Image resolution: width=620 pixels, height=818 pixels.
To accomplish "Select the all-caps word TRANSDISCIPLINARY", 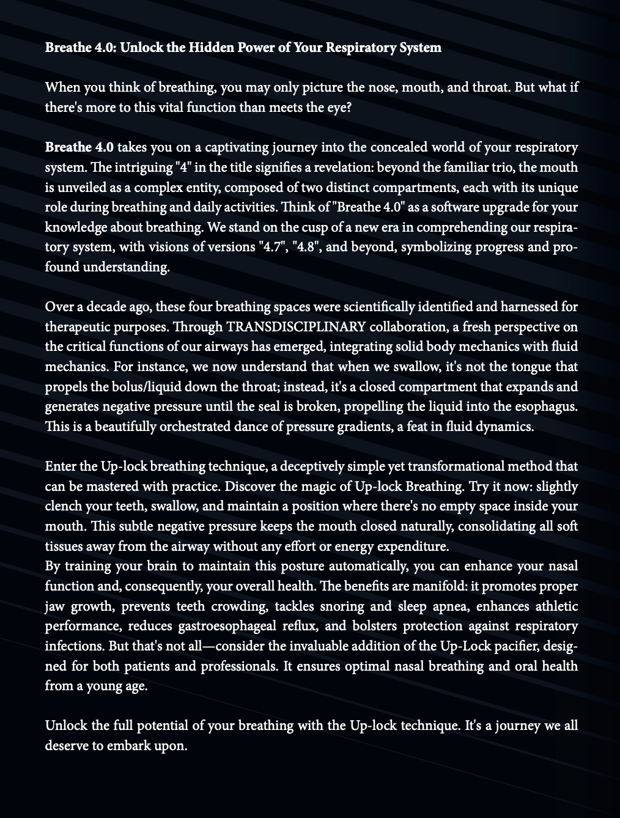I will (x=297, y=327).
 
